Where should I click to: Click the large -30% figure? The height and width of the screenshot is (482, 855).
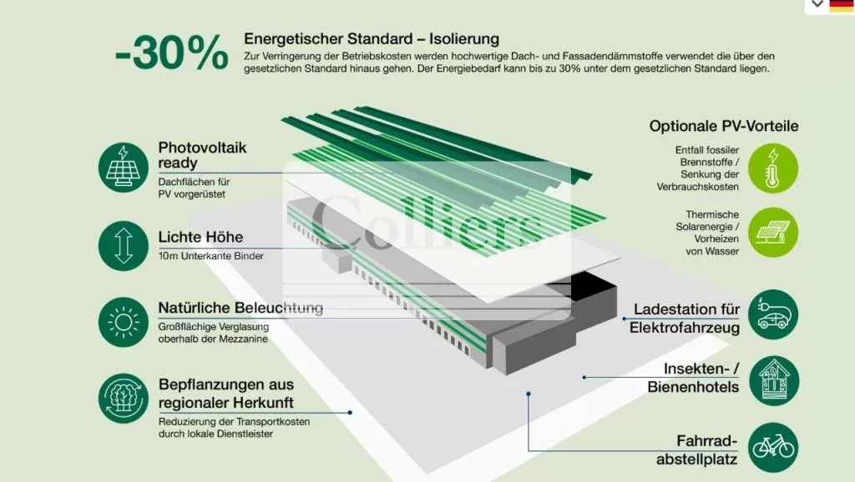tap(171, 53)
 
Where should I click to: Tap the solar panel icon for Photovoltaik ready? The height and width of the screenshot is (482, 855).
tap(124, 168)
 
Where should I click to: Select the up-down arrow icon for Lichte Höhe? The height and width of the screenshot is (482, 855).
tap(124, 246)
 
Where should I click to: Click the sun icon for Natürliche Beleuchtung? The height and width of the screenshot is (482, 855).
tap(124, 322)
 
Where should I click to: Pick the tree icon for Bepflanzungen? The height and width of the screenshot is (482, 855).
tap(124, 398)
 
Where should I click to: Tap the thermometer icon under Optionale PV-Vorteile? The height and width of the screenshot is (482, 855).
tap(772, 168)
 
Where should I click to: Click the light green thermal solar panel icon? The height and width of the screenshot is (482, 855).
tap(772, 233)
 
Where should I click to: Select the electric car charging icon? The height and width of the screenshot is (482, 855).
tap(773, 314)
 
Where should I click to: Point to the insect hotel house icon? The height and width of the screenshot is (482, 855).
tap(774, 381)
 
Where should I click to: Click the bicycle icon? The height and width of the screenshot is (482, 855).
tap(773, 448)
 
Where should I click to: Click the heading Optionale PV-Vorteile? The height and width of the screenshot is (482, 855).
tap(724, 127)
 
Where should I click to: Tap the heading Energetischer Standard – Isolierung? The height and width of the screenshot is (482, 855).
tap(372, 39)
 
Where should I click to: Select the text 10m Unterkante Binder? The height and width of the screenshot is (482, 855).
tap(211, 256)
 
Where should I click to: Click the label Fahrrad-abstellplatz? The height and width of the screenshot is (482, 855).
tap(697, 449)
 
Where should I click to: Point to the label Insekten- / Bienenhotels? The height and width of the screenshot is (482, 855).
tap(694, 378)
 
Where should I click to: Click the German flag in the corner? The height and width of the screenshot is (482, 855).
tap(842, 5)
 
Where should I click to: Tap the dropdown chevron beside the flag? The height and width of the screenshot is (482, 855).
tap(817, 4)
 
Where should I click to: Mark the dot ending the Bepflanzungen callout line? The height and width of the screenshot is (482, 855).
tap(350, 413)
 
